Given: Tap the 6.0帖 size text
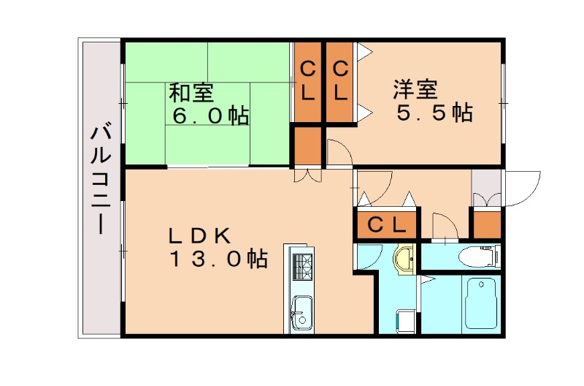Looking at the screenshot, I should (210, 116).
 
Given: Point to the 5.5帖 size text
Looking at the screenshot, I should (434, 113).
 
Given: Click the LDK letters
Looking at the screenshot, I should (200, 235).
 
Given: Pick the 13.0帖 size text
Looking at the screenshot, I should (218, 259).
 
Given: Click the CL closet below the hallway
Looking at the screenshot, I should (385, 224).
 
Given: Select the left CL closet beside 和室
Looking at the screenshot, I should (307, 82).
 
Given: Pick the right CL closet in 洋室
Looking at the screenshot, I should (340, 82).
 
